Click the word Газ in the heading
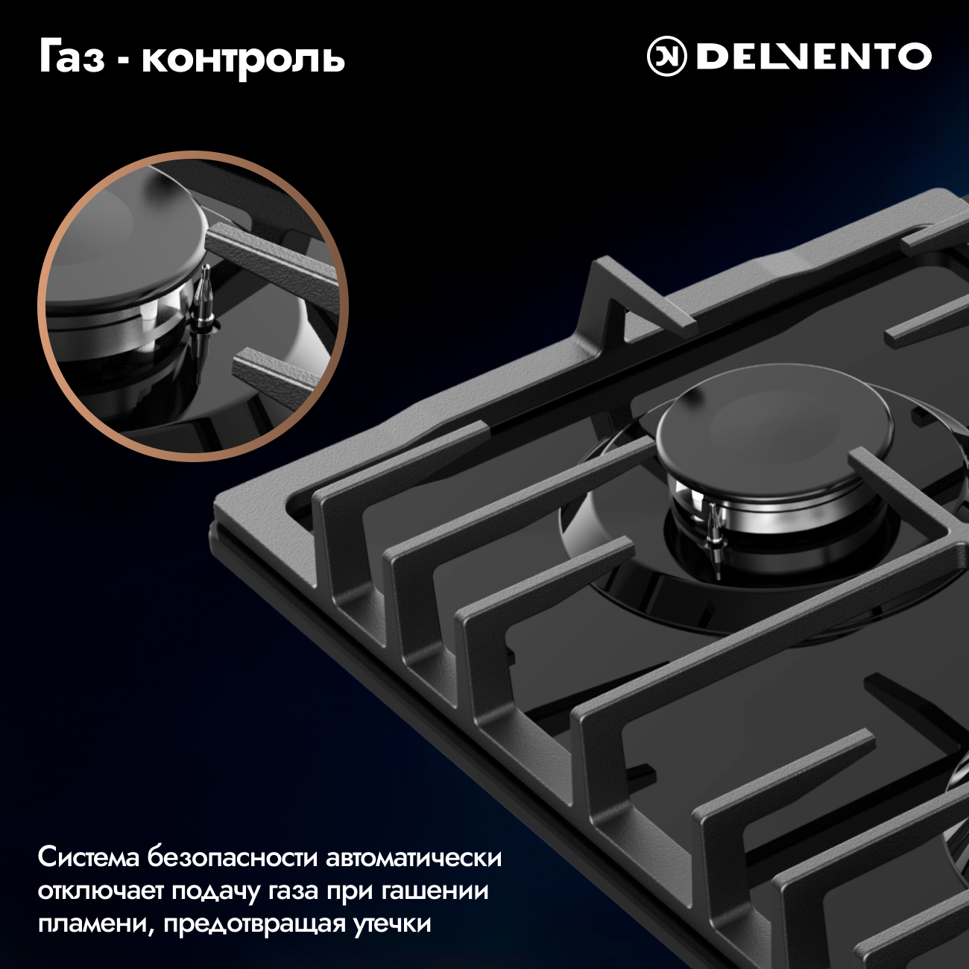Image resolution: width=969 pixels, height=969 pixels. click(72, 58)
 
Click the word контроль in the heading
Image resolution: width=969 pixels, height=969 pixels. click(244, 60)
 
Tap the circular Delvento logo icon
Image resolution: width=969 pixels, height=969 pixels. click(667, 57)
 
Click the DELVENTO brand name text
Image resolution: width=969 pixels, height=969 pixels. click(814, 57)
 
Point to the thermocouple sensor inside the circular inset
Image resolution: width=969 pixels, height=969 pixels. click(206, 305)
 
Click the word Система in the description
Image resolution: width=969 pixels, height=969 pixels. click(88, 858)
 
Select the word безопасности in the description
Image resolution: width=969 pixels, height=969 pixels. click(232, 858)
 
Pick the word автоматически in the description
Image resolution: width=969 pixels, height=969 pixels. click(414, 858)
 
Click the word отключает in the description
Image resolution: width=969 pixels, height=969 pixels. click(101, 891)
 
